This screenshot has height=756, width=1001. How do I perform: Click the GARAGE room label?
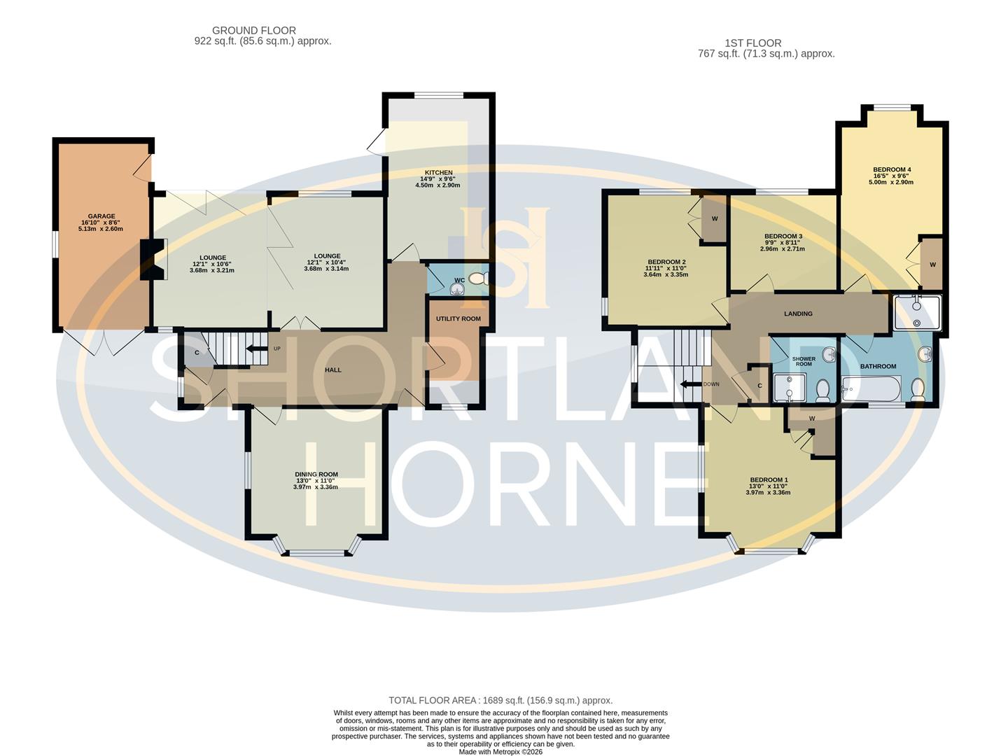coord(101,216)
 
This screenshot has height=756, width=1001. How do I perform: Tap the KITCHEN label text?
coord(438,173)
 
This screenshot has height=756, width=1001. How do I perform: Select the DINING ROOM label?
coord(316,475)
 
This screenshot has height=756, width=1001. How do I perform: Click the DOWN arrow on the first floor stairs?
coord(693,384)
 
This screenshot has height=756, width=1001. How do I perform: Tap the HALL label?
coord(333,370)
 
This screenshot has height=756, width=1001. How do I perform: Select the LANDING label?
coord(798,314)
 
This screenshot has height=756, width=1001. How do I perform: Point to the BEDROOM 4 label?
coord(892,169)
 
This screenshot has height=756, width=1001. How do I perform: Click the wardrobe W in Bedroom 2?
coord(715,218)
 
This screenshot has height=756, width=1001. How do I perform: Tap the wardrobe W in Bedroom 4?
coord(932,265)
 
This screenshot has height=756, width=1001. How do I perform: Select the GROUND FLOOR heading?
coord(254,31)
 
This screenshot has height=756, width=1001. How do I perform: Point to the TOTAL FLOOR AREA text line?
coord(500,700)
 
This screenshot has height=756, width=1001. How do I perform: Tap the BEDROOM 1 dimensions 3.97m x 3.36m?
coord(768,493)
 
